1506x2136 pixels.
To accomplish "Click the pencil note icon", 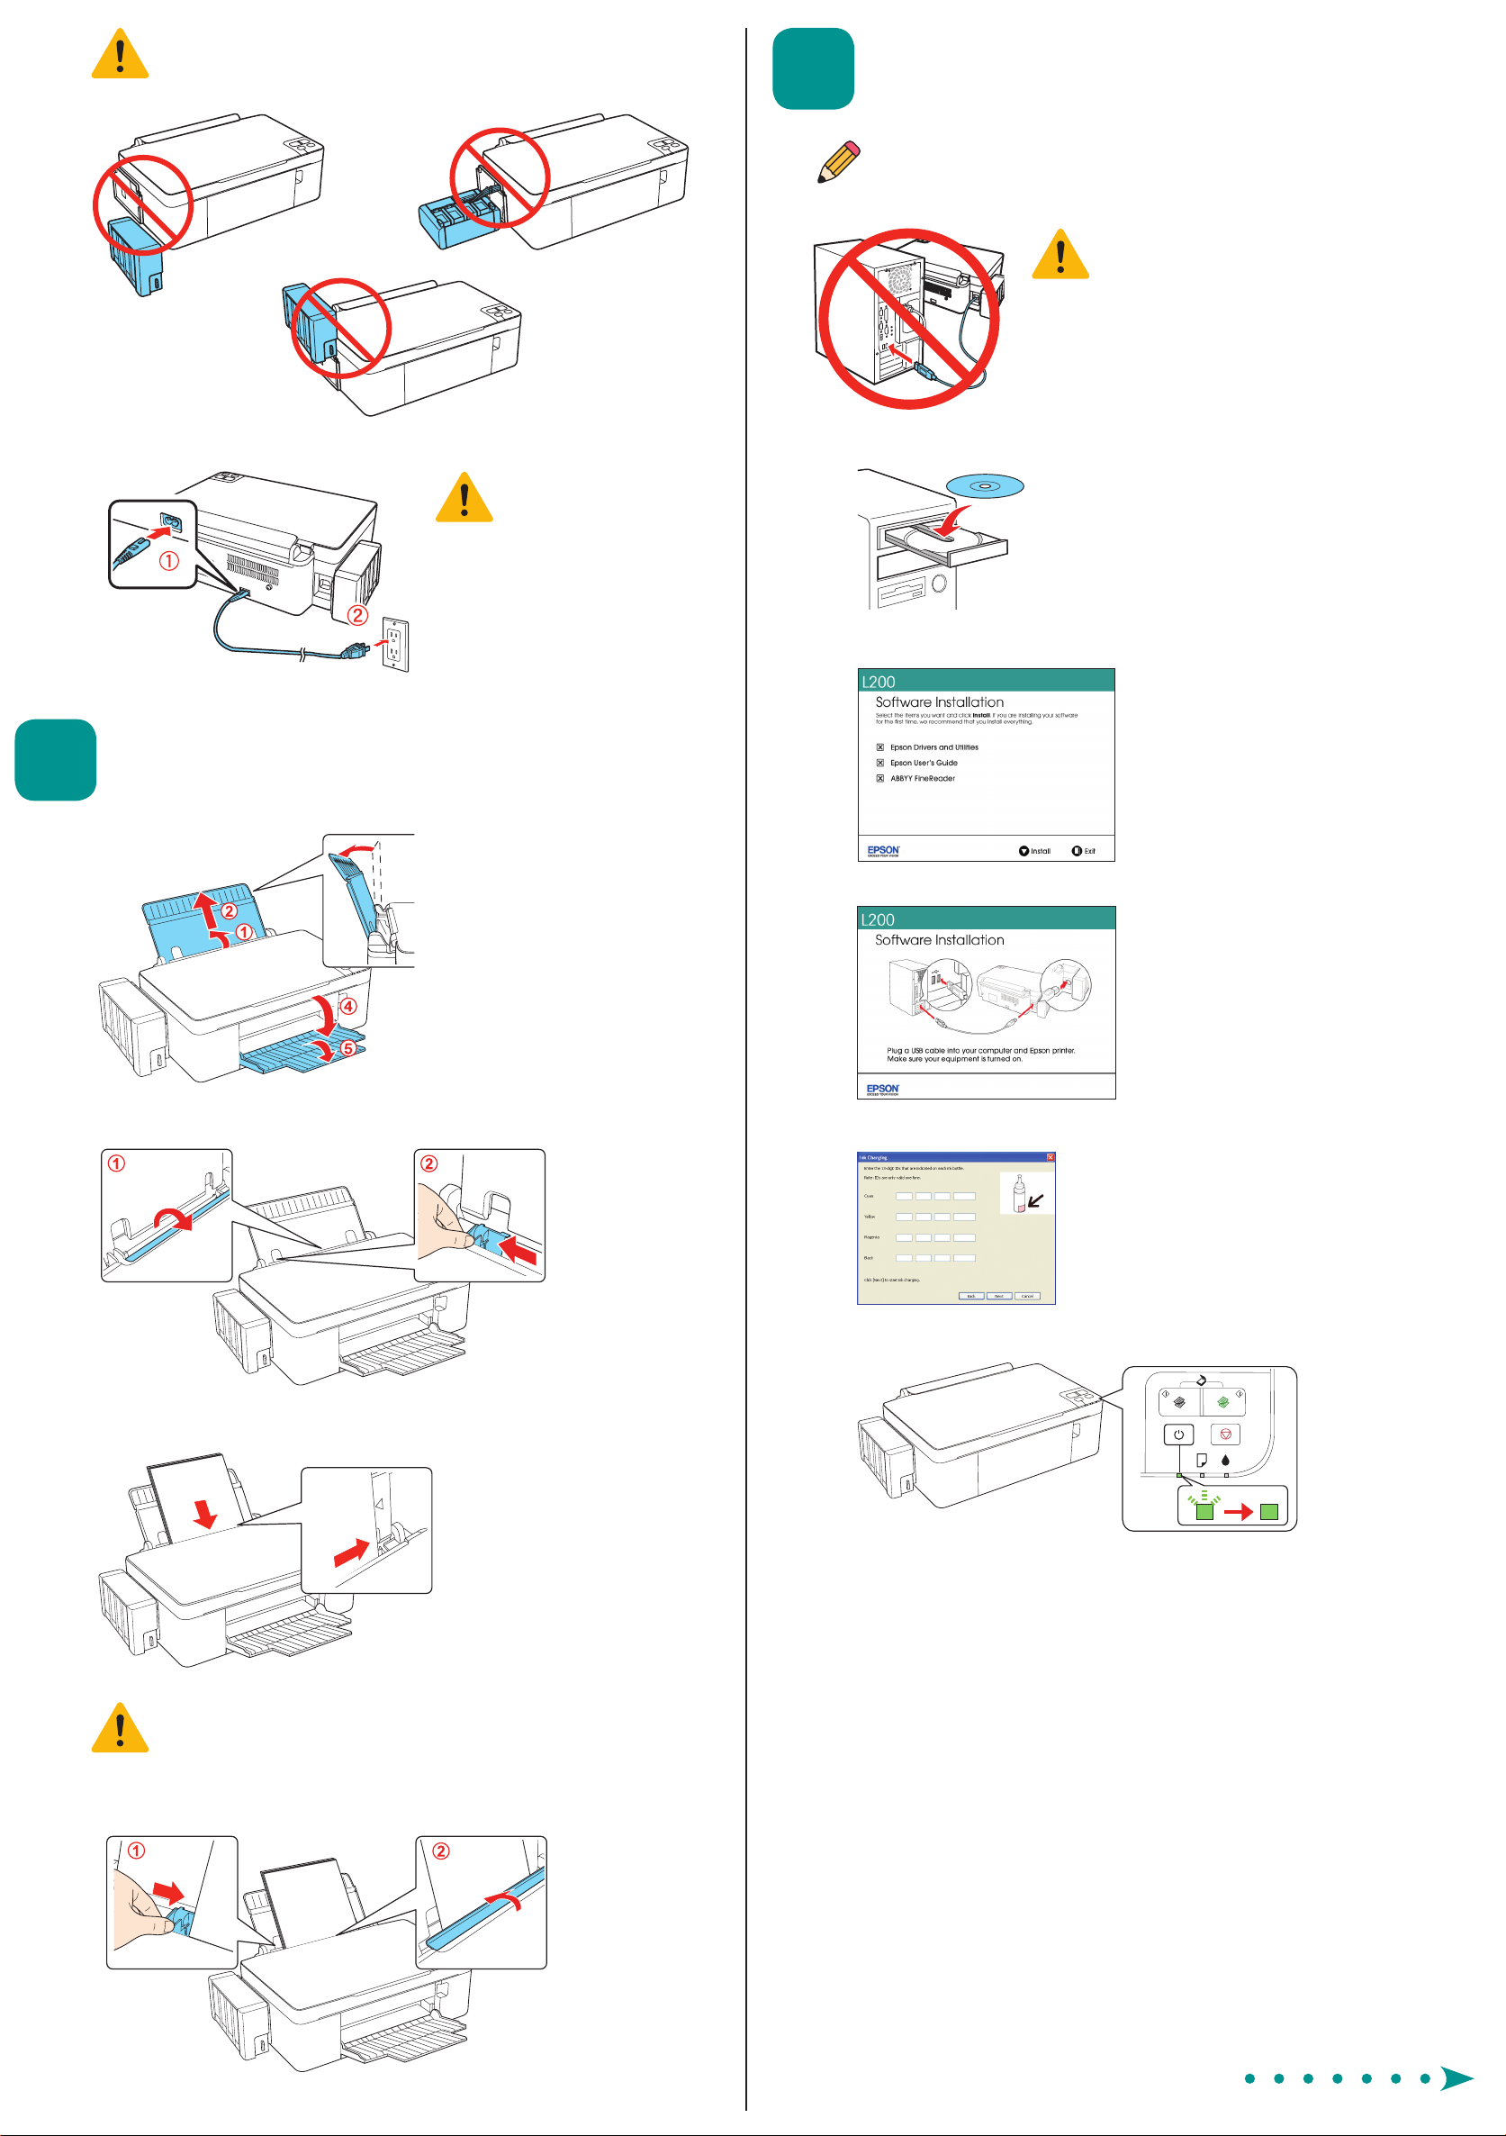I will (838, 163).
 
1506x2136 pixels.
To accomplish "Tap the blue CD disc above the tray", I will (984, 485).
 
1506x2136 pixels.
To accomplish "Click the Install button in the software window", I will (1034, 851).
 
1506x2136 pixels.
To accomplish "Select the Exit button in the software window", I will (1084, 851).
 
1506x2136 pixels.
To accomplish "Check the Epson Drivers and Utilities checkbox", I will (880, 747).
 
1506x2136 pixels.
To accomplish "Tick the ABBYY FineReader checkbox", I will (880, 779).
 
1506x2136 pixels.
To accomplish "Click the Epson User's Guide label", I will (924, 763).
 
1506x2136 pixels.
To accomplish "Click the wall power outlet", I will (395, 644).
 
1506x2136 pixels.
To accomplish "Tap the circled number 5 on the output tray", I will (347, 1047).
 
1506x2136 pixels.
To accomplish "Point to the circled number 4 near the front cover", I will (347, 1006).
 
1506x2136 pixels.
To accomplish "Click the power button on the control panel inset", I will (1178, 1435).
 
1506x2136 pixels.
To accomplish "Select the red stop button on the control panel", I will (1225, 1435).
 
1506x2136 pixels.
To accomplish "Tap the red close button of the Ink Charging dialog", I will (1051, 1157).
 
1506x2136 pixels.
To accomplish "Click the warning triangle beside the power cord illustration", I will (464, 499).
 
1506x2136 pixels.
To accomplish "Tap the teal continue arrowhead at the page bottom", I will (1456, 2078).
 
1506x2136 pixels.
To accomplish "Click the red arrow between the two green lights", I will (1237, 1513).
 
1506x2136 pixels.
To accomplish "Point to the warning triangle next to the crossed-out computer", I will (1060, 255).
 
